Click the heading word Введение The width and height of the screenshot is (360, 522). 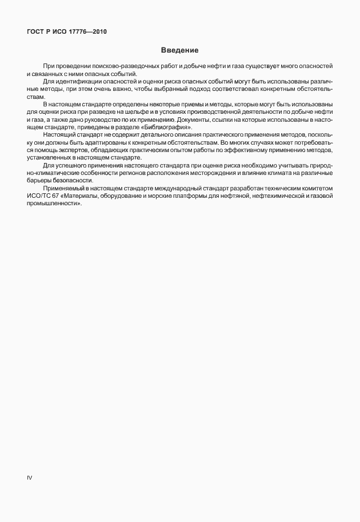[x=179, y=50]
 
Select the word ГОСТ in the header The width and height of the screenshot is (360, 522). [x=36, y=31]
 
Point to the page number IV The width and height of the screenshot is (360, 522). [x=29, y=477]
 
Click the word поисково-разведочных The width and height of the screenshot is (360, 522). [x=107, y=67]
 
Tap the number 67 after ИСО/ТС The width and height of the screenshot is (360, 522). [x=56, y=197]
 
